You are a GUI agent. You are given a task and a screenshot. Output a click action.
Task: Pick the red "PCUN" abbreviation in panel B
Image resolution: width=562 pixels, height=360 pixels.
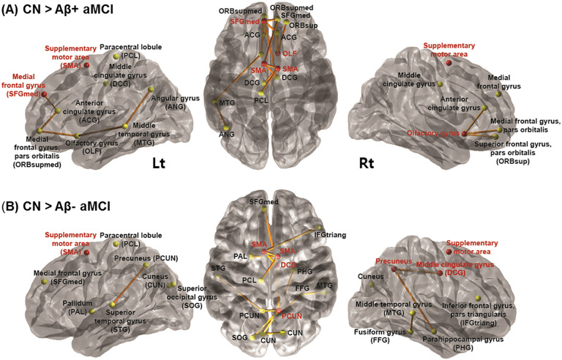[x=292, y=315]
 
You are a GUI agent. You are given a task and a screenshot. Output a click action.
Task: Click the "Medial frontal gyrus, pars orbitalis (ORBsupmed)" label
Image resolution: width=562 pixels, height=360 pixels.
[x=36, y=151]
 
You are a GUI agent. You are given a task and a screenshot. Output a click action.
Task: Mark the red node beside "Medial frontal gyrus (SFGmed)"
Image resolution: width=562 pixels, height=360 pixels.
[x=45, y=95]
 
